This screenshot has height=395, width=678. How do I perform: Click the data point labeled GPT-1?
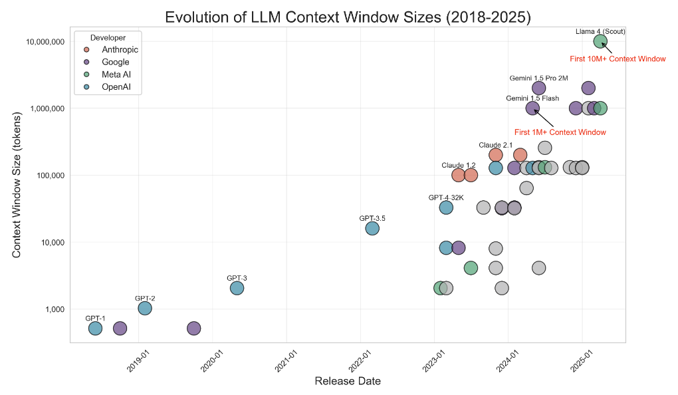95,328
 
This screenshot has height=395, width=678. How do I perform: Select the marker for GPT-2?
144,308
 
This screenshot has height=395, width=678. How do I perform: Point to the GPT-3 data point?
237,288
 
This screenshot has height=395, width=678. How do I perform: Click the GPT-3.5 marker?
372,228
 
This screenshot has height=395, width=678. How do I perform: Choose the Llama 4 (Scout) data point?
600,41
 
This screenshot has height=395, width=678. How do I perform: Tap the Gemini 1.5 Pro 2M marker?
539,88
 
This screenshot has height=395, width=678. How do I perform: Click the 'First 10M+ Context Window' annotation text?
618,59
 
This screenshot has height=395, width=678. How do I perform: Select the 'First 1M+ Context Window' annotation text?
560,132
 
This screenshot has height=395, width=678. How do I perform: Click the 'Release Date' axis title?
347,381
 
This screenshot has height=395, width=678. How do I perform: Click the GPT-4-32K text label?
446,197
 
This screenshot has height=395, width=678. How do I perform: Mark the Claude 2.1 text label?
495,145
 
